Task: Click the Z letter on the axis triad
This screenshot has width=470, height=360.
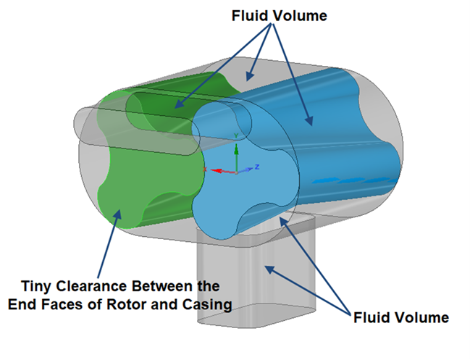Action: coord(257,167)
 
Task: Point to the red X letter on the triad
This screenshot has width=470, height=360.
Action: coord(205,169)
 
